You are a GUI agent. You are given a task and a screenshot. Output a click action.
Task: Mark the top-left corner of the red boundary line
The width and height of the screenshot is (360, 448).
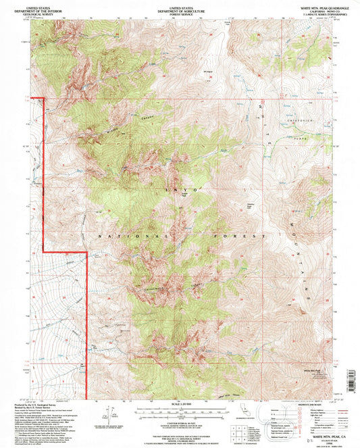[44, 99]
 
